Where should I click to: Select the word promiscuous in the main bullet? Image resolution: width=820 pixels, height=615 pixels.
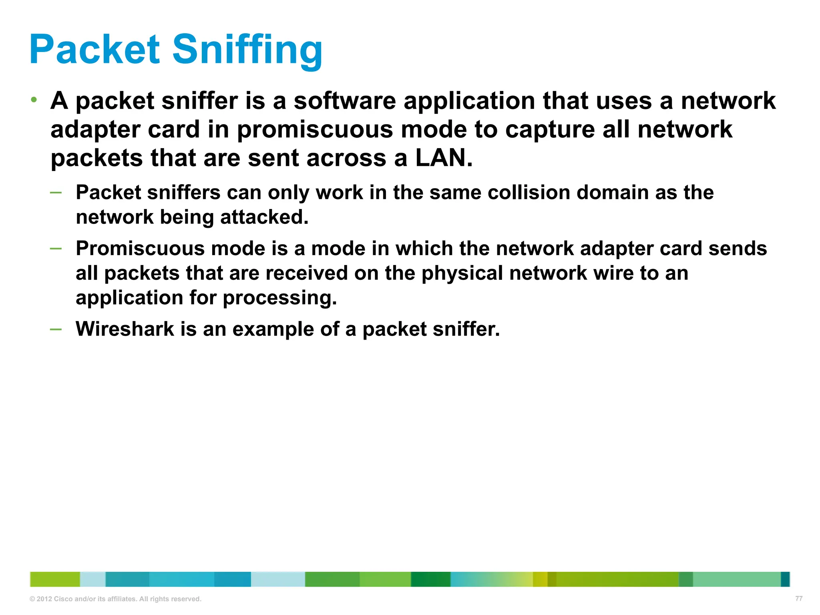pos(315,130)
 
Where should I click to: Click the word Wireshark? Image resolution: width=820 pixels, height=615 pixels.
pos(125,329)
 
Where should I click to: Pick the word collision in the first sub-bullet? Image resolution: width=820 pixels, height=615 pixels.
pos(529,193)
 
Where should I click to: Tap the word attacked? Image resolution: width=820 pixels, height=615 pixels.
pos(264,217)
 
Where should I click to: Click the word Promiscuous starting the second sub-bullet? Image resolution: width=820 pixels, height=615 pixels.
pos(140,249)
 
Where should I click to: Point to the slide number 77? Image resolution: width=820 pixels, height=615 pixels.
pos(799,598)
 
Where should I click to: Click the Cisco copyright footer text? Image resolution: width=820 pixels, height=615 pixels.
pos(115,599)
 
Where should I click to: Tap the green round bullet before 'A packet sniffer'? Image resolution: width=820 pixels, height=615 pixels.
pos(34,99)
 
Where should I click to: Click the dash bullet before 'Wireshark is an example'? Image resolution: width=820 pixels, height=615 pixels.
pos(56,329)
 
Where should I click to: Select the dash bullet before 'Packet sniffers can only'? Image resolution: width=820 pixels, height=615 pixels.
pos(56,193)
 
